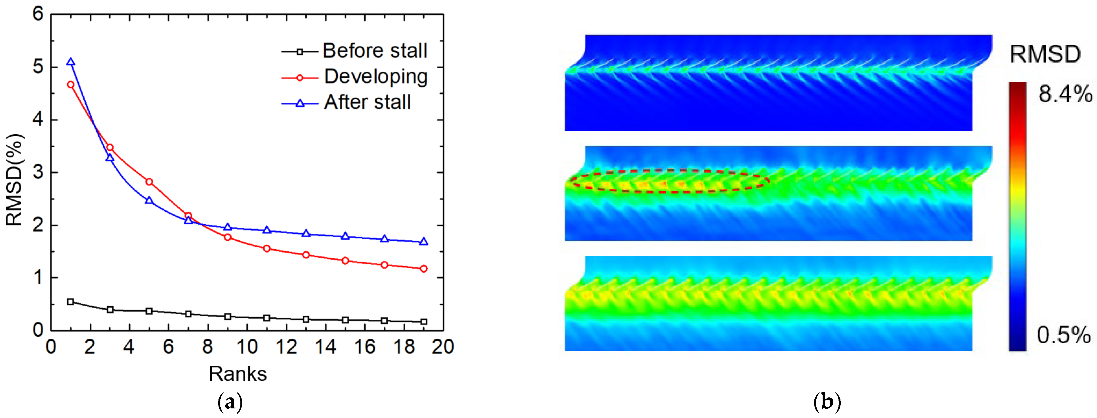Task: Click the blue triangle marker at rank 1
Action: (x=71, y=62)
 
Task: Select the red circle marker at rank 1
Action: (x=71, y=84)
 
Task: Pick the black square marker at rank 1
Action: (x=71, y=302)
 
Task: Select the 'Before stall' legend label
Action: (x=375, y=51)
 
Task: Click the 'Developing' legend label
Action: (x=376, y=77)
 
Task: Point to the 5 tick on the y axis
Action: (x=38, y=67)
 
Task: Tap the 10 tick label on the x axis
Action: (x=247, y=347)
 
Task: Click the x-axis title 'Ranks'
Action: (x=238, y=374)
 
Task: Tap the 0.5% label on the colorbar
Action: (x=1063, y=335)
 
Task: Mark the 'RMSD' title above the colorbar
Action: (x=1045, y=55)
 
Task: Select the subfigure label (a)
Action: (x=230, y=402)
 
